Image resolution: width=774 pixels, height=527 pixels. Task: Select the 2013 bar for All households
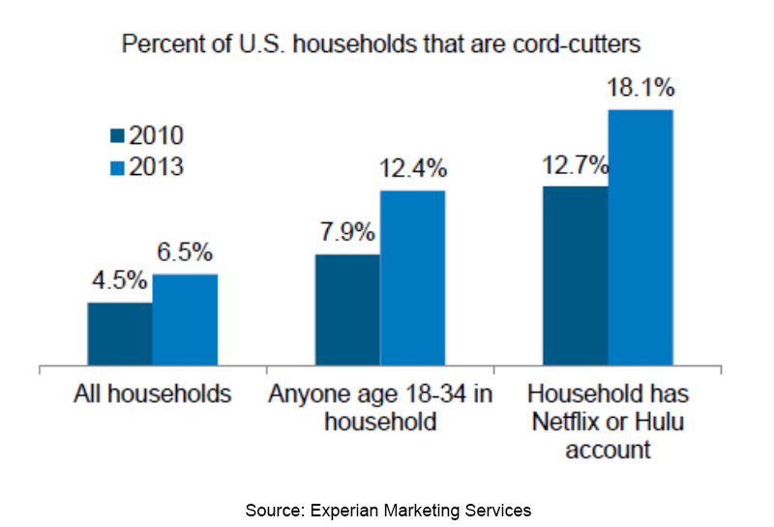[185, 320]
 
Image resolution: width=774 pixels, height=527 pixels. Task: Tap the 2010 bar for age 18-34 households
[347, 310]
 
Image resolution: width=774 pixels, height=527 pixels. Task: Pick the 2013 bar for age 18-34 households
[412, 278]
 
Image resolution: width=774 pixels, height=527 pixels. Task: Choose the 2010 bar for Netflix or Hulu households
[576, 277]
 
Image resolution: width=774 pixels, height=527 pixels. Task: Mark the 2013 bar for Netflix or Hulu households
[640, 238]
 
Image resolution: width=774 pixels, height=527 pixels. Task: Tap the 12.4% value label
[413, 169]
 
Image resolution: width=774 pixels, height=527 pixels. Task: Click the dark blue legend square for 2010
[118, 135]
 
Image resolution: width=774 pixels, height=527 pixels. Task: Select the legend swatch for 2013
[118, 167]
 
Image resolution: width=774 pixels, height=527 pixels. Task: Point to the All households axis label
[153, 395]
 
